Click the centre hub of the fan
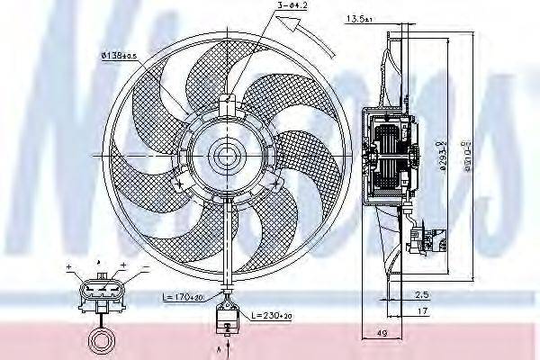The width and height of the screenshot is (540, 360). pyautogui.click(x=224, y=158)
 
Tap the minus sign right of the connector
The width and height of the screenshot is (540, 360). pyautogui.click(x=122, y=268)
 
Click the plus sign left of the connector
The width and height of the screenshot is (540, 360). pyautogui.click(x=67, y=268)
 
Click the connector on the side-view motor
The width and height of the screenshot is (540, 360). pyautogui.click(x=416, y=238)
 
